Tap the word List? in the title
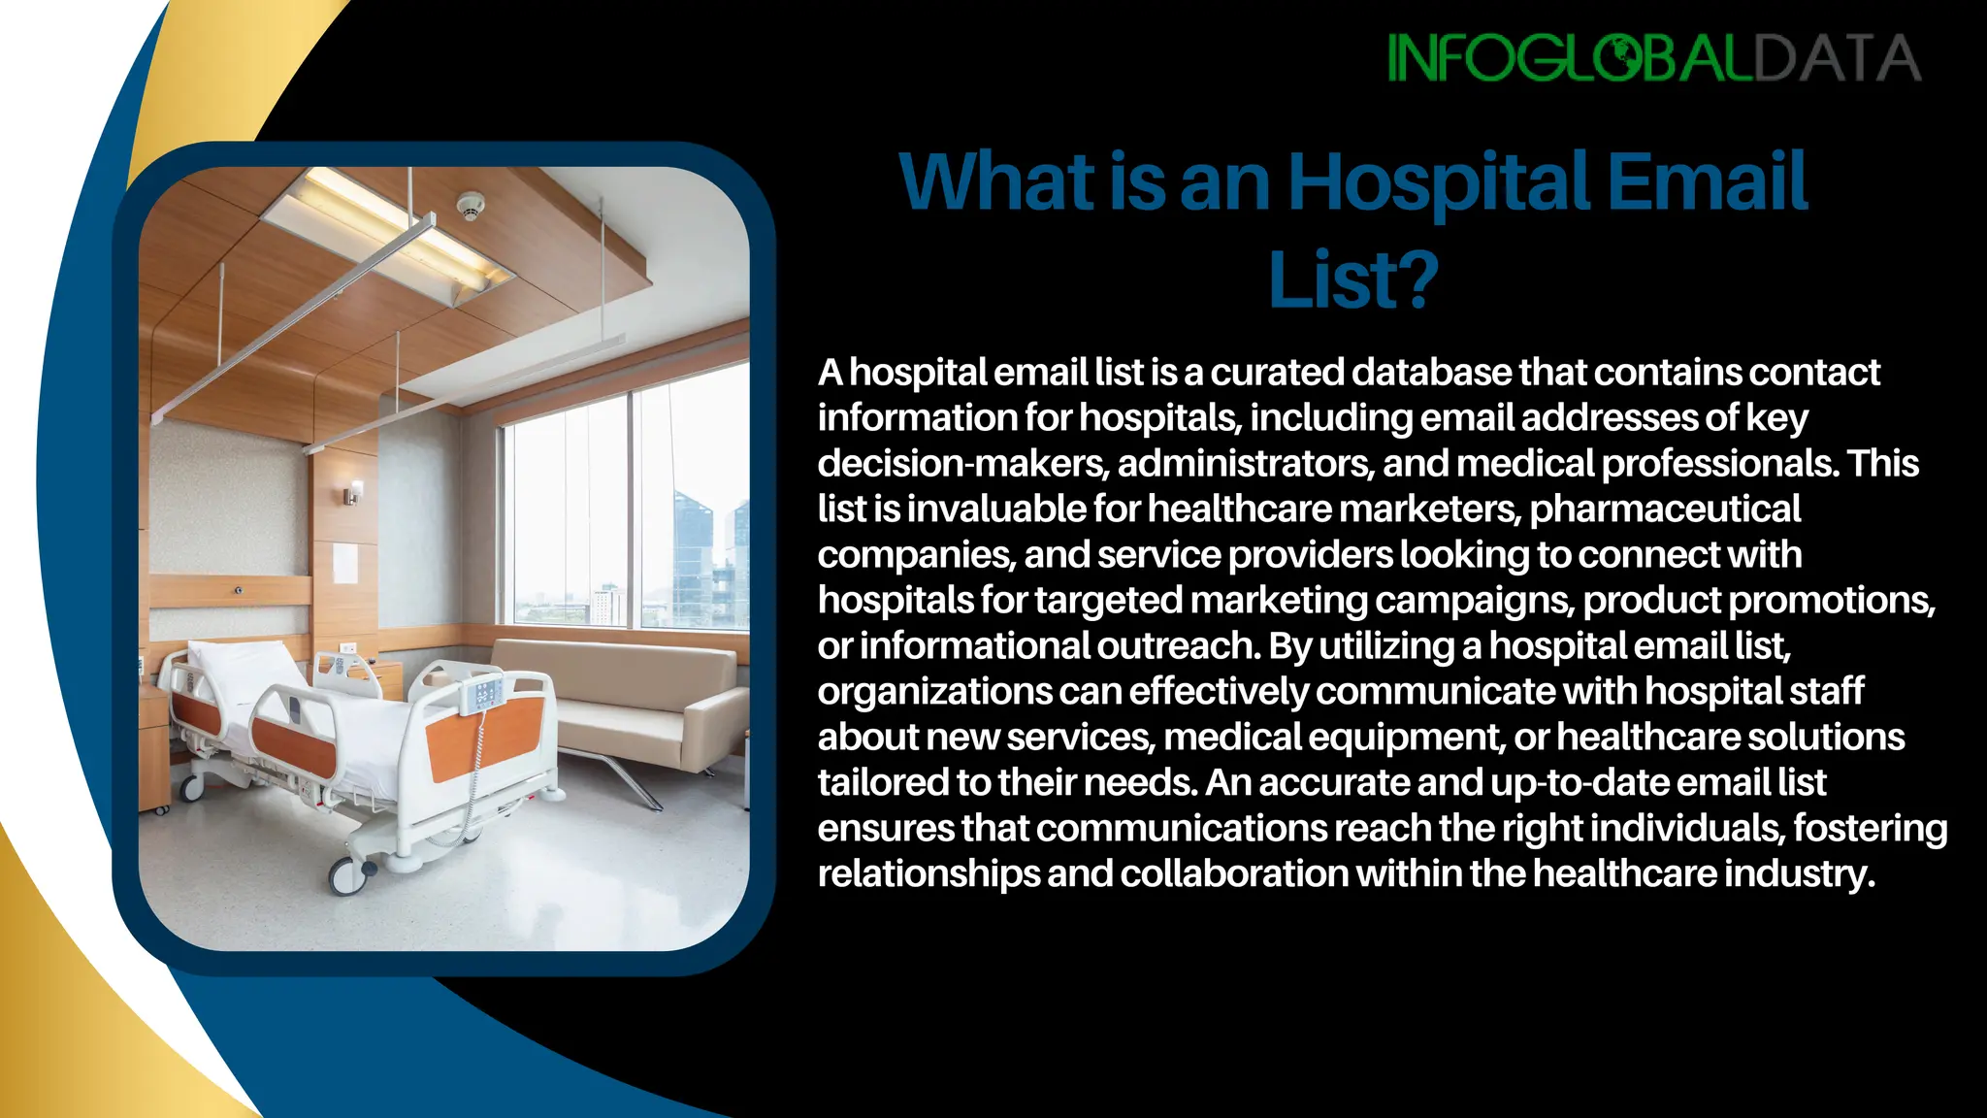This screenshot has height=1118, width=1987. (1352, 280)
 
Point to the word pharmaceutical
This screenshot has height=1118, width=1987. (1665, 510)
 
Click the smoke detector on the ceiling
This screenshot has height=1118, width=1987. (471, 206)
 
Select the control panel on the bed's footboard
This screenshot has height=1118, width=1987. (484, 694)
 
